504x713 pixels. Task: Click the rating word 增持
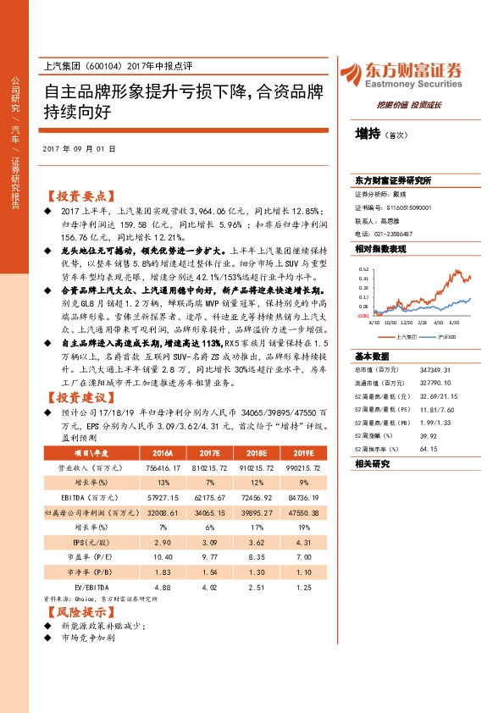pos(368,134)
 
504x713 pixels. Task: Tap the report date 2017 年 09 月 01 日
pos(79,149)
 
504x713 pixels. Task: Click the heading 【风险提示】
pos(75,611)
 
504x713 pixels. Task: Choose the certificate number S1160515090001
pos(407,207)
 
